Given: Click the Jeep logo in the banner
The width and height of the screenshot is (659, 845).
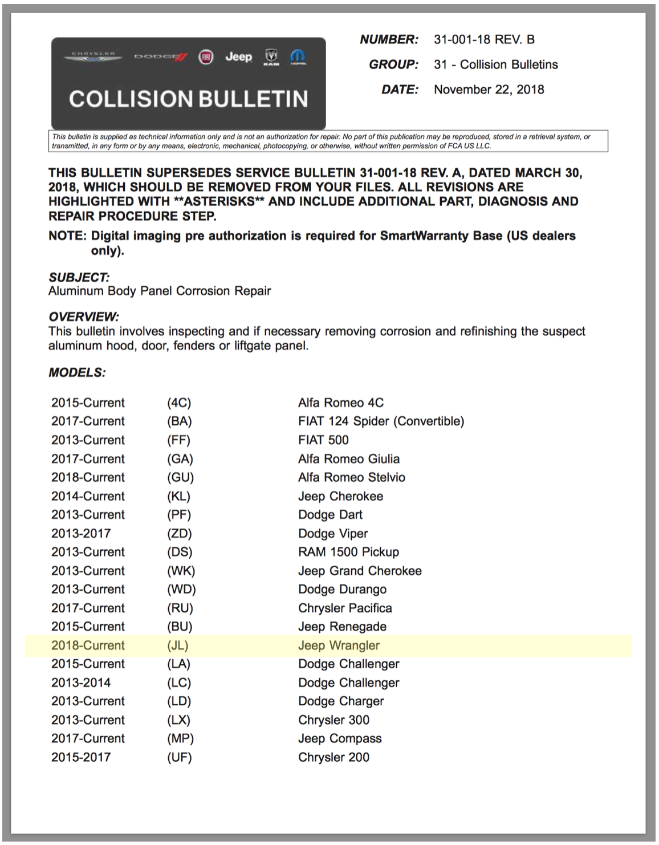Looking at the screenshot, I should (x=238, y=56).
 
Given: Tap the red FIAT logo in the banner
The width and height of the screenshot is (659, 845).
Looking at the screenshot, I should (x=206, y=57).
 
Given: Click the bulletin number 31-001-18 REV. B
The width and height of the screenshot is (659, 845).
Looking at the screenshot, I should (x=484, y=39).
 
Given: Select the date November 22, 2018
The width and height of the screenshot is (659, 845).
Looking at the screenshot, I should (x=489, y=90).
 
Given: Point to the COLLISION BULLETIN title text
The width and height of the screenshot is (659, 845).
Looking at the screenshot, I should (x=188, y=99).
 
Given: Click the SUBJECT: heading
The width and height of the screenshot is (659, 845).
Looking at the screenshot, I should (x=79, y=277).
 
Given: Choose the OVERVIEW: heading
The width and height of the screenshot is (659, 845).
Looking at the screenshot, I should (x=83, y=317).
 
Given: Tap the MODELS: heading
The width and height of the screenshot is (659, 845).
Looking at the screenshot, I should (x=77, y=373).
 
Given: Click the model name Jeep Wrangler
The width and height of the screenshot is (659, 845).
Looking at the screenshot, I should (x=339, y=645).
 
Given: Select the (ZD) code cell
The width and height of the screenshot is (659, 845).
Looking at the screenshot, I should (x=179, y=534).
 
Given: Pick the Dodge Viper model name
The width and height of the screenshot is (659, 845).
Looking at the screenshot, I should (x=333, y=534).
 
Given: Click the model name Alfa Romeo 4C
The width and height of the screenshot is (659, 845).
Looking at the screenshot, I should (x=341, y=403).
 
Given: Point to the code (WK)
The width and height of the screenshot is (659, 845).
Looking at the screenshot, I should (x=181, y=571).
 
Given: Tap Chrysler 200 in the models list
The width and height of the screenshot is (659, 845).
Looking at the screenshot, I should (x=333, y=757).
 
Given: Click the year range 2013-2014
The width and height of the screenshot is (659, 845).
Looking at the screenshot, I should (x=81, y=682).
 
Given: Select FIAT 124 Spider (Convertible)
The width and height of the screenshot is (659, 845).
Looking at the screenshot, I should (x=381, y=421).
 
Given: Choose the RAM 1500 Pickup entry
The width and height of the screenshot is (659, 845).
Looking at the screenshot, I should (x=348, y=552).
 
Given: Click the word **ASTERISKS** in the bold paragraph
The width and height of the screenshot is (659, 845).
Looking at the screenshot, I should (x=219, y=201).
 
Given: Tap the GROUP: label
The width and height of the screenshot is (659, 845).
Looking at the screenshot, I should (x=393, y=64).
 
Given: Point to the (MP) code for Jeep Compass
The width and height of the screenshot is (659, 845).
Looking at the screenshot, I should (x=180, y=738).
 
